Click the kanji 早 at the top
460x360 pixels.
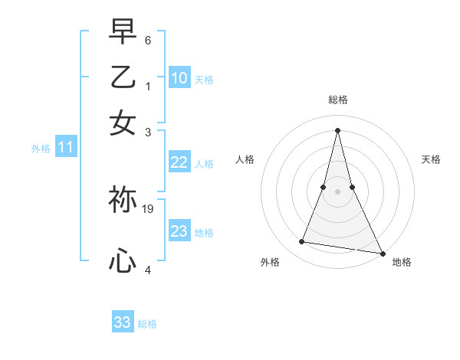click(123, 31)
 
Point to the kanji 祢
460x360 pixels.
click(123, 200)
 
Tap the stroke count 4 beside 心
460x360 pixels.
click(148, 270)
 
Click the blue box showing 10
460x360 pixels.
click(179, 77)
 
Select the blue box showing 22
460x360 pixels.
click(179, 162)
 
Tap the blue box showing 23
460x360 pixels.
click(179, 231)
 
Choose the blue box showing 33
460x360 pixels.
click(123, 322)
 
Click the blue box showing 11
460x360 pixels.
click(65, 147)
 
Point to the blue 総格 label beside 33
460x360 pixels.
click(147, 324)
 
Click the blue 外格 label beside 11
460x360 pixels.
click(41, 149)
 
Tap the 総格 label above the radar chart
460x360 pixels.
click(337, 100)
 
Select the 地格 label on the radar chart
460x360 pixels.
click(402, 262)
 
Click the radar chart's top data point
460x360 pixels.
click(337, 129)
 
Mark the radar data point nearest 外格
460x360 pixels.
click(301, 242)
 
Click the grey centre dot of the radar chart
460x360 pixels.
click(337, 191)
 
